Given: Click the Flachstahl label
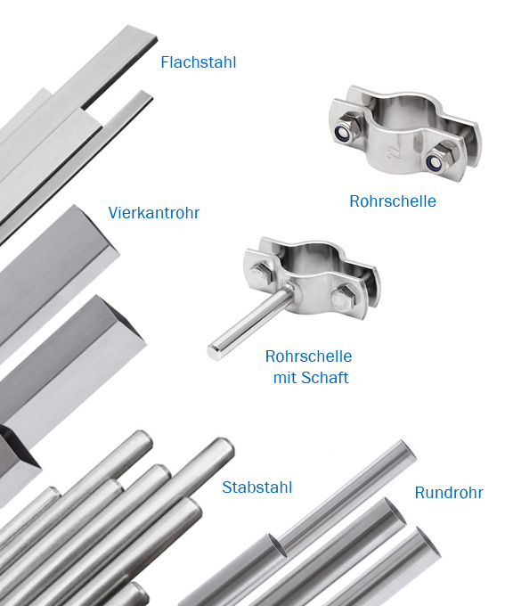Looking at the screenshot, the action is click(199, 62).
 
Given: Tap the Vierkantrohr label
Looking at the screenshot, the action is click(154, 213).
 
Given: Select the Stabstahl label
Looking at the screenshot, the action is click(257, 487).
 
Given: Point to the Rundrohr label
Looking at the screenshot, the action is click(449, 493).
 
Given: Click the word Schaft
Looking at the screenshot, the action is click(324, 378).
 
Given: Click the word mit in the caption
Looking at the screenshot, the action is click(285, 378).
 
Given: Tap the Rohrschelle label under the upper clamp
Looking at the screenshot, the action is click(393, 201).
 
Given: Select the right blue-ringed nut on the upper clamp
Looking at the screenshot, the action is click(435, 162).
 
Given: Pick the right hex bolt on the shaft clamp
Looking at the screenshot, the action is click(342, 299).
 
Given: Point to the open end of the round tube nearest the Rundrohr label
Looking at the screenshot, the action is click(429, 541).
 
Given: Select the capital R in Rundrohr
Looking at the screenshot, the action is click(419, 493).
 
